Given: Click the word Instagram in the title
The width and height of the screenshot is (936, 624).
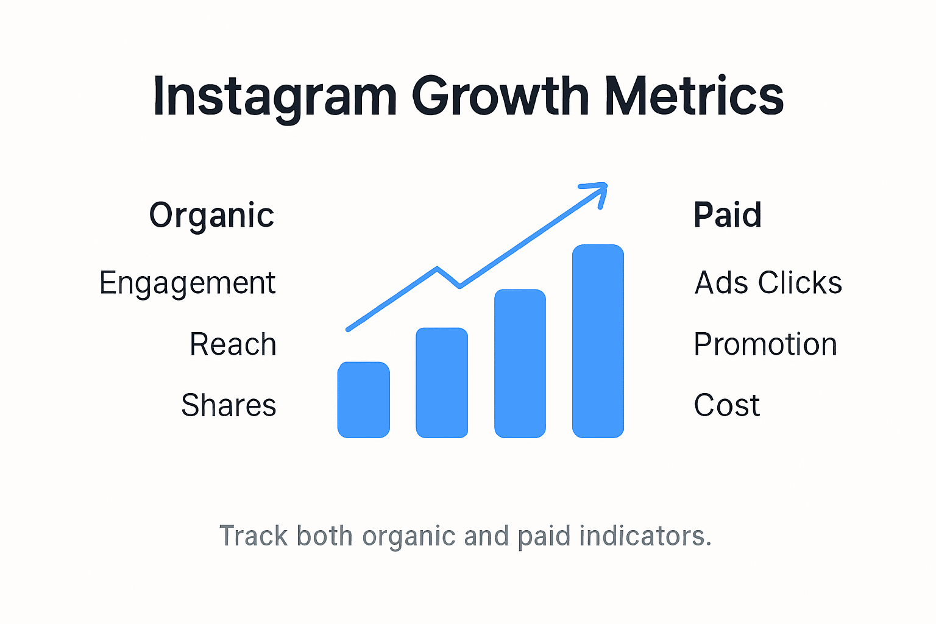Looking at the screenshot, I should pyautogui.click(x=274, y=96).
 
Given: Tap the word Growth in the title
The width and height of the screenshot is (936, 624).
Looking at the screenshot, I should pyautogui.click(x=500, y=96).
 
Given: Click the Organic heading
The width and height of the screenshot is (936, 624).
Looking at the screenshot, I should pyautogui.click(x=211, y=215).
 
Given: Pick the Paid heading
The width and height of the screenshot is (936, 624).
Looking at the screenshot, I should pyautogui.click(x=728, y=215).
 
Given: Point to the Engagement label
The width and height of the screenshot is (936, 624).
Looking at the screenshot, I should pyautogui.click(x=187, y=283).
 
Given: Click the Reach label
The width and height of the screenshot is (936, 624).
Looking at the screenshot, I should pyautogui.click(x=233, y=344).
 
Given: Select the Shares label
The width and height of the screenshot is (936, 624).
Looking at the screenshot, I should pyautogui.click(x=229, y=405).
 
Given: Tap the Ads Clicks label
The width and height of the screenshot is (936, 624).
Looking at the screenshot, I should pyautogui.click(x=768, y=283).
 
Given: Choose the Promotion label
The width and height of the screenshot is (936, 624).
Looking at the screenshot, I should pyautogui.click(x=765, y=344).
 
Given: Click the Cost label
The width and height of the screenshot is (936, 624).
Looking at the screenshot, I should pyautogui.click(x=727, y=405).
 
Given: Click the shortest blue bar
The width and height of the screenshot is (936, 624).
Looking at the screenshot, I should pyautogui.click(x=364, y=400).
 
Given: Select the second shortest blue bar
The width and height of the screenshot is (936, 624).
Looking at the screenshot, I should pyautogui.click(x=442, y=383).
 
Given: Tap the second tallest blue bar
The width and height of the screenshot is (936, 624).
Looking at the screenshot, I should pyautogui.click(x=520, y=363).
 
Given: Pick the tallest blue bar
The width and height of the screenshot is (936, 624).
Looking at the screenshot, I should pyautogui.click(x=598, y=341).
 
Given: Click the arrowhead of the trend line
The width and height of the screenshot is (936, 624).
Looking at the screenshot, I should pyautogui.click(x=600, y=189).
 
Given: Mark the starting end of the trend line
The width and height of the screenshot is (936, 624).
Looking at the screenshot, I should pyautogui.click(x=349, y=329).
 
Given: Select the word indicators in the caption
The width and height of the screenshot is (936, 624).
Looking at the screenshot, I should pyautogui.click(x=645, y=536).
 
